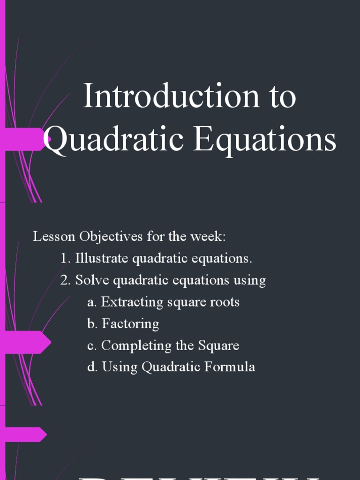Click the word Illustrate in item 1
tap(102, 258)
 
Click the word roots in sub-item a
tap(225, 302)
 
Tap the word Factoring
tap(130, 324)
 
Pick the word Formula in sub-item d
tap(232, 367)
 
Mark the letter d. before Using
tap(92, 367)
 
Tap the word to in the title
tap(282, 97)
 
